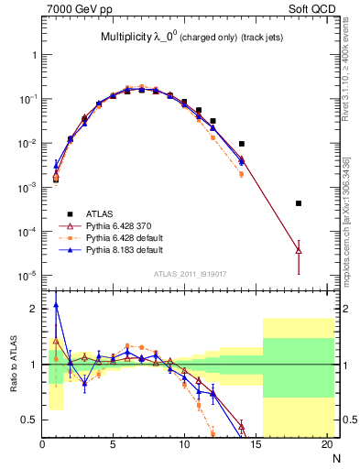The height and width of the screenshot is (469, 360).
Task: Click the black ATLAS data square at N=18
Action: click(x=299, y=203)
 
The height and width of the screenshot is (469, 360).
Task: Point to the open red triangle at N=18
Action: click(x=299, y=250)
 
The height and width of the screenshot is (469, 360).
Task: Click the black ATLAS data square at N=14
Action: click(x=242, y=144)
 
